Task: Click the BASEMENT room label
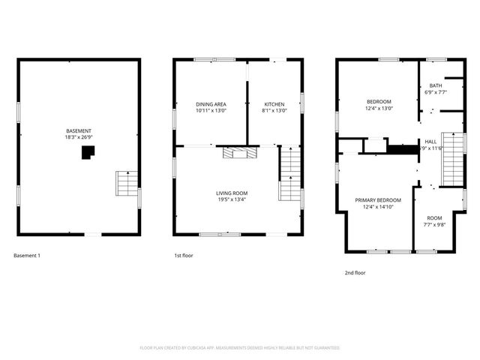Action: [78, 130]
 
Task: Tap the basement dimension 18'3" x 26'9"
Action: [78, 137]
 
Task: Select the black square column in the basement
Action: [88, 152]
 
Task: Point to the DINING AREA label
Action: [211, 103]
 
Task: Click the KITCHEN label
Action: [274, 103]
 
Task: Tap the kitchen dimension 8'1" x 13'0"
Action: [274, 110]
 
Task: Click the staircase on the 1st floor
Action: [289, 174]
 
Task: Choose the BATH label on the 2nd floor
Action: [436, 86]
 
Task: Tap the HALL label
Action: [430, 141]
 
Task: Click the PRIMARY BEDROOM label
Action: [378, 200]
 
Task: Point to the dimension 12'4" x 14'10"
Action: [378, 207]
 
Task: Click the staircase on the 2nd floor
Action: [449, 159]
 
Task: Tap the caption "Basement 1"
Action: [27, 256]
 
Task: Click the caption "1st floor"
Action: [184, 256]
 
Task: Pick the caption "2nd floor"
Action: [355, 273]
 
